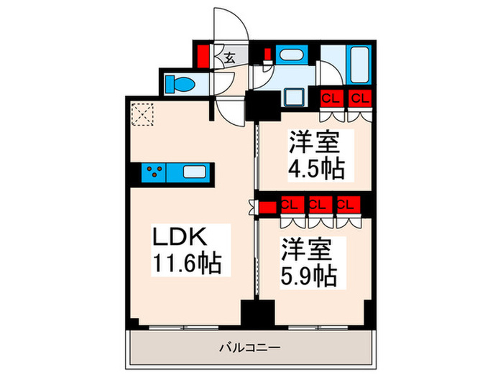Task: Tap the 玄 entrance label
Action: pos(228,57)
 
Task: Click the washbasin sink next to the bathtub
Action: pos(290,55)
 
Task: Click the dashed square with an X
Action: pos(143,113)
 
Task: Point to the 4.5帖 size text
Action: pos(317,169)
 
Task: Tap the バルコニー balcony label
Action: pos(250,348)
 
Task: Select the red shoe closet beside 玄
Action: pos(203,55)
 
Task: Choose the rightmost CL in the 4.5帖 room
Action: pos(359,98)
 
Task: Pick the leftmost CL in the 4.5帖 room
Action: pos(331,98)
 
